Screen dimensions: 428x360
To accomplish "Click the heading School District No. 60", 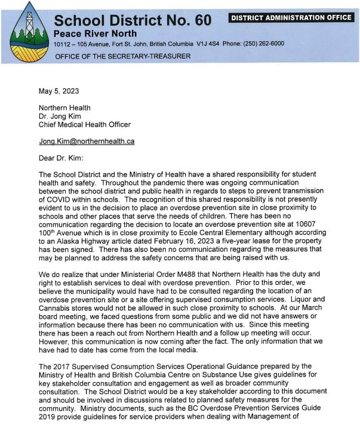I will point(132,20).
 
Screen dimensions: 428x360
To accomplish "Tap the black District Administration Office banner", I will point(291,17).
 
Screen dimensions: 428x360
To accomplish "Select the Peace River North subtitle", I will point(95,33).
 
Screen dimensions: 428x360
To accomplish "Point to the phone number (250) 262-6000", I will point(262,44).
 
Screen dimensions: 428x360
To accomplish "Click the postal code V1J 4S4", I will point(210,44).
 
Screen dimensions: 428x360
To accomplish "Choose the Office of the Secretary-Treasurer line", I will point(122,56).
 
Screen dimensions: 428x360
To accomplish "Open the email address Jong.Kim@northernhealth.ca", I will point(87,141).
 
